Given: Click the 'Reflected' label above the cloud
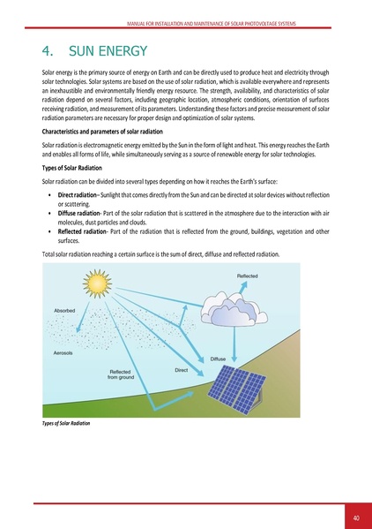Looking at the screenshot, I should point(249,276).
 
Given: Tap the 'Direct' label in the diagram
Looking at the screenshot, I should point(182,371).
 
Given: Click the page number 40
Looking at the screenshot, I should point(355,518).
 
